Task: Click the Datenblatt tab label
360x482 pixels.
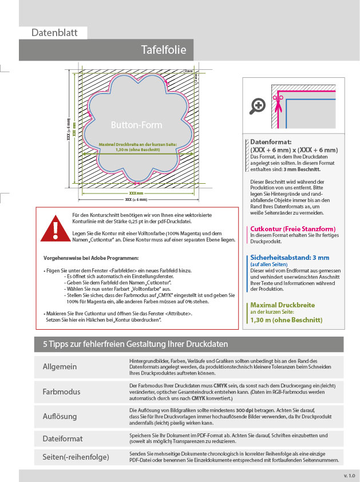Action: coord(53,33)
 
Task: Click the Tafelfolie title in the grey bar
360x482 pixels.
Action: coord(163,50)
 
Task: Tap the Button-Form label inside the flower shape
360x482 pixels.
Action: coord(136,125)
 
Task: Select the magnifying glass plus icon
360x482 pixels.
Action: coord(258,105)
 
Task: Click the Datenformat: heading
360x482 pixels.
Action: coord(271,141)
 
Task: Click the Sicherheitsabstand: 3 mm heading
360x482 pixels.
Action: coord(289,258)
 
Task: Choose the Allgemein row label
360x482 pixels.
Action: coord(60,366)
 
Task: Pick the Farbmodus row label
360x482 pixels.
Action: coord(61,392)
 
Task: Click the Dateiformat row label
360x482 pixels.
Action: coord(62,439)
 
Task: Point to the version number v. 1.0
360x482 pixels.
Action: coord(349,476)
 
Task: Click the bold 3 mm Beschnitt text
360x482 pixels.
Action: coord(302,169)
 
